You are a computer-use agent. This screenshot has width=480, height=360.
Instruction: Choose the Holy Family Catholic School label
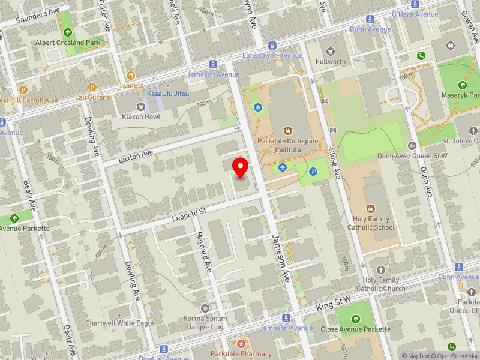pos(371,223)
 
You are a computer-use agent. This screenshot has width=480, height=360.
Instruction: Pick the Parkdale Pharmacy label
pos(241,353)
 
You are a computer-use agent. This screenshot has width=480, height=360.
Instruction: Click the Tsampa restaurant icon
pos(131,76)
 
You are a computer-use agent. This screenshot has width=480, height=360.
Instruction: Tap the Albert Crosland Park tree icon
pos(68,32)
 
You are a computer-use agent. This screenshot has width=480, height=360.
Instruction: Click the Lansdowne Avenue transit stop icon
pos(272,45)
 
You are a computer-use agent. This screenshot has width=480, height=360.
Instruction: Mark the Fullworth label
pos(331,61)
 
